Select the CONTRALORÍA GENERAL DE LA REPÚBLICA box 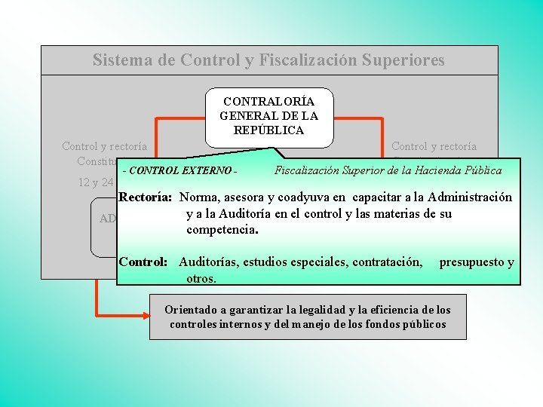(268, 116)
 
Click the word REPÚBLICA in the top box (268, 130)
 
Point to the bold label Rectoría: (146, 197)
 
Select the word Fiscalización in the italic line (309, 170)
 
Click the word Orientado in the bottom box (192, 310)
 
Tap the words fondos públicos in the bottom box (408, 324)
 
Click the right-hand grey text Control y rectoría (434, 146)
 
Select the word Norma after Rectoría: (200, 197)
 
